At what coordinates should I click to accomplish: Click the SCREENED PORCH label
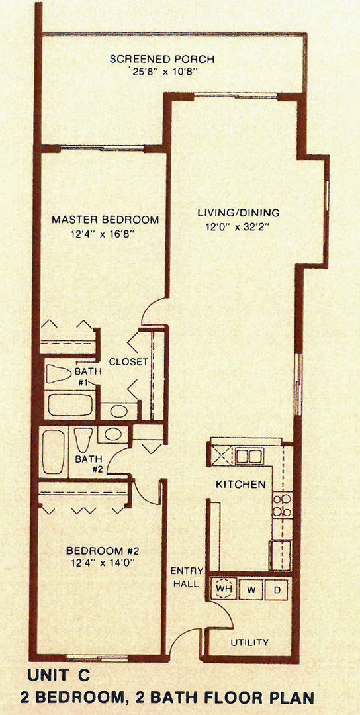coord(162,60)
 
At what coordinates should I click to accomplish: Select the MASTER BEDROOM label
coord(105,220)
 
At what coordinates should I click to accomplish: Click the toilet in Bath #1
coord(59,374)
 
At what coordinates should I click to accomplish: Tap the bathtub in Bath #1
coord(71,405)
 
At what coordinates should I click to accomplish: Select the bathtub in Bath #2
coord(53,452)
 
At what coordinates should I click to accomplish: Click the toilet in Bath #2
coord(83,440)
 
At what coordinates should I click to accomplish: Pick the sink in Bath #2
coord(113,434)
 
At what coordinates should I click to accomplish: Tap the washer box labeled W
coord(251,589)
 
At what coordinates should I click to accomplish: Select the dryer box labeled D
coord(277,589)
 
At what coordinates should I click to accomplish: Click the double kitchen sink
coord(249,456)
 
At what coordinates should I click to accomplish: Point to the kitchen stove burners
coord(282,505)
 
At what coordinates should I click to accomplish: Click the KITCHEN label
coord(241,484)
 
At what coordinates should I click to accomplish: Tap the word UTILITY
coord(249,642)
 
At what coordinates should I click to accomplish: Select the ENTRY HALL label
coord(184,577)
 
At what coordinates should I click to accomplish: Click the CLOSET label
coord(128,362)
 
